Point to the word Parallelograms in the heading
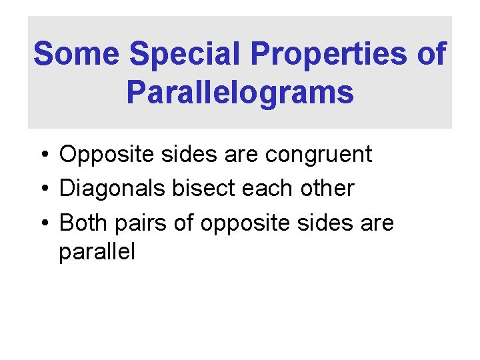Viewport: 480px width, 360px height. pos(240,93)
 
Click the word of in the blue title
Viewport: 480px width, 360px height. pos(431,53)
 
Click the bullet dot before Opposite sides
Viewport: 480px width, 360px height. pos(43,155)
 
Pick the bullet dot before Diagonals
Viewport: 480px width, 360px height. pos(43,189)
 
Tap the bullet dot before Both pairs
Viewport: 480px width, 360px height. pos(43,223)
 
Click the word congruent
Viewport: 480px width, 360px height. pos(319,155)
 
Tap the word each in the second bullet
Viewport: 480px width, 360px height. pos(263,189)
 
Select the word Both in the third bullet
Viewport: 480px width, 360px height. pos(79,223)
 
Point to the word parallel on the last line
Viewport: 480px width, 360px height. pos(97,252)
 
